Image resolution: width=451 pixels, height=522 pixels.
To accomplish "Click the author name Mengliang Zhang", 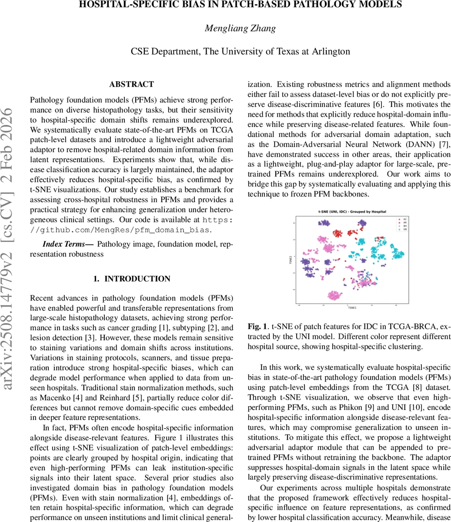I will [x=240, y=28].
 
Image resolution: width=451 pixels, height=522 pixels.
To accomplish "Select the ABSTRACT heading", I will [x=131, y=84].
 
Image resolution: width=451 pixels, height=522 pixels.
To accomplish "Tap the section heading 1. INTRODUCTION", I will [x=131, y=279].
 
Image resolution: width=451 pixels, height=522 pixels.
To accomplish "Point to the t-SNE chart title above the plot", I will [x=352, y=212].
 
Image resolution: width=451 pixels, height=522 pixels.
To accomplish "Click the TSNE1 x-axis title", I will [x=352, y=308].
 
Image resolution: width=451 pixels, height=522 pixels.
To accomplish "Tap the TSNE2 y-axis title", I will [x=290, y=260].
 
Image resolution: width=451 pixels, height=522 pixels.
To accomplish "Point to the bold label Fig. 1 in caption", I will [x=257, y=326].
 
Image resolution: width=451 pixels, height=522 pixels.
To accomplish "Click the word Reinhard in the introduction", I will [x=114, y=398].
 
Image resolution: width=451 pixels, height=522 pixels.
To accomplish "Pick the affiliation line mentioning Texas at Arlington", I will [x=240, y=51].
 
